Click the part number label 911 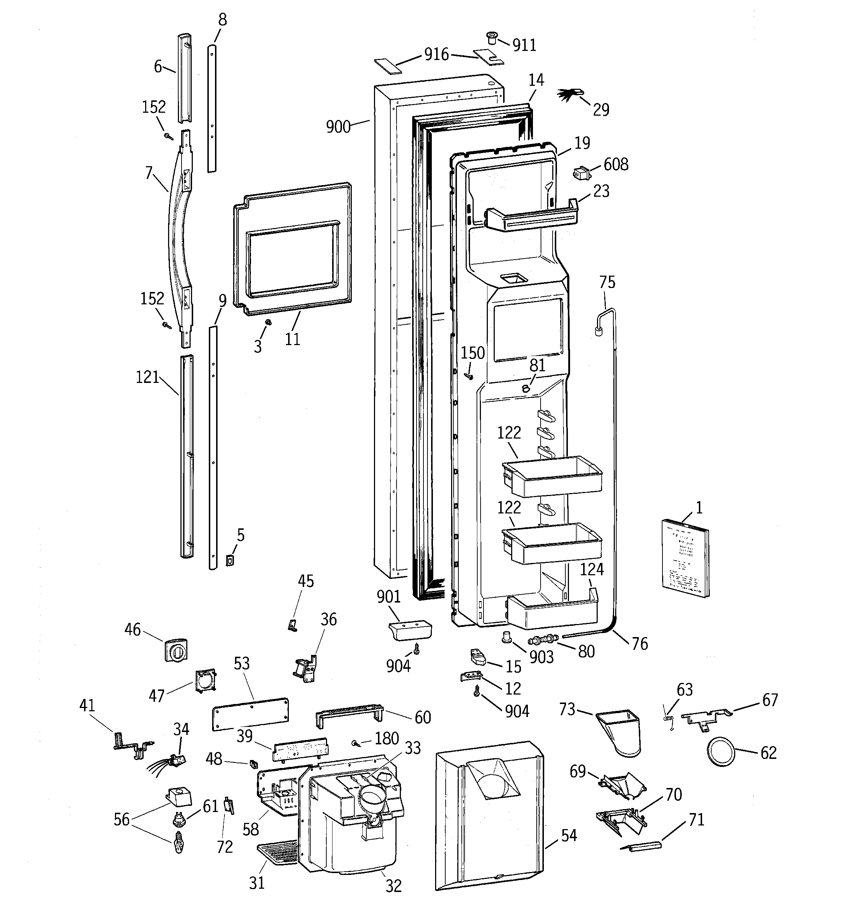click(524, 45)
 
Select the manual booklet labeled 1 click(685, 558)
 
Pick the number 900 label click(338, 127)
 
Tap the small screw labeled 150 click(469, 375)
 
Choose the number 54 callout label click(569, 835)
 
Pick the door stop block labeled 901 click(410, 630)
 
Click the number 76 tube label click(639, 643)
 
